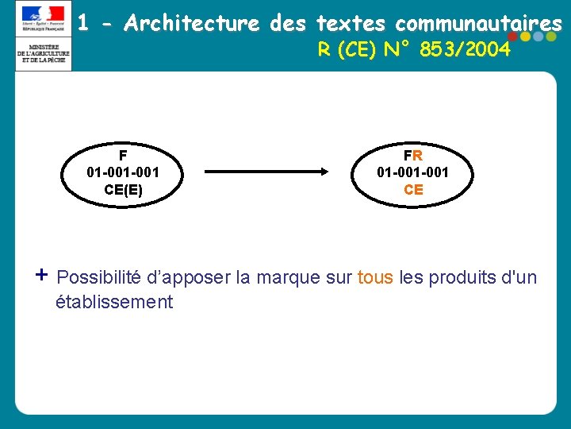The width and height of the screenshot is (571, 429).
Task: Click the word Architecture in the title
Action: (x=192, y=24)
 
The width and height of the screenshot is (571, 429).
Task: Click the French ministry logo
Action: (x=43, y=37)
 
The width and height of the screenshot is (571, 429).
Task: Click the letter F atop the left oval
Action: (x=123, y=155)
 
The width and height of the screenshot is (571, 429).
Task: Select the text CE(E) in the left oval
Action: (x=123, y=190)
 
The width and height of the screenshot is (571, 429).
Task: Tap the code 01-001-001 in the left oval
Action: (x=123, y=172)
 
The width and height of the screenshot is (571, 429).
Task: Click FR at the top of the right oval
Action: (x=413, y=155)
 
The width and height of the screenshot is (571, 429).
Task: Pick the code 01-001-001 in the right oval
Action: (x=413, y=172)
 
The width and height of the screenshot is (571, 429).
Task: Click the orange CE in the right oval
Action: (x=413, y=190)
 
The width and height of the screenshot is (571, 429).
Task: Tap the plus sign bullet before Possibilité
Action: (x=42, y=275)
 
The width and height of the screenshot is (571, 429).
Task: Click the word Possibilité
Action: (x=99, y=277)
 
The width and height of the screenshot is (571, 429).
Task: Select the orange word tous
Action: (x=375, y=277)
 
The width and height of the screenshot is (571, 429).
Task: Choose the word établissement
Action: (x=114, y=302)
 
